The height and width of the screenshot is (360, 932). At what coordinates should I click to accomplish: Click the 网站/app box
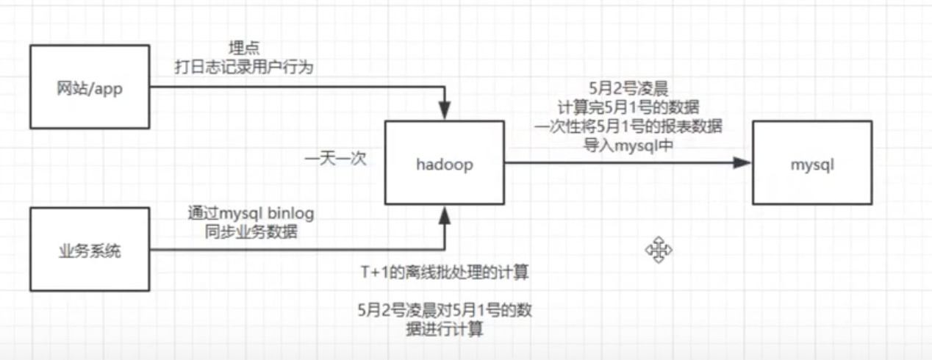point(90,87)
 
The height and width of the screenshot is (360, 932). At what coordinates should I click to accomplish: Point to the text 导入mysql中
point(628,143)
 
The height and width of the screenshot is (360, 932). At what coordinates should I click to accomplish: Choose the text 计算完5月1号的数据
point(628,108)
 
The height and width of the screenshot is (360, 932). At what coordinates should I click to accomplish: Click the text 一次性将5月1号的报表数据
point(628,126)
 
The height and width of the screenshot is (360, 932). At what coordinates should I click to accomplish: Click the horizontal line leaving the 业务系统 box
point(294,251)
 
